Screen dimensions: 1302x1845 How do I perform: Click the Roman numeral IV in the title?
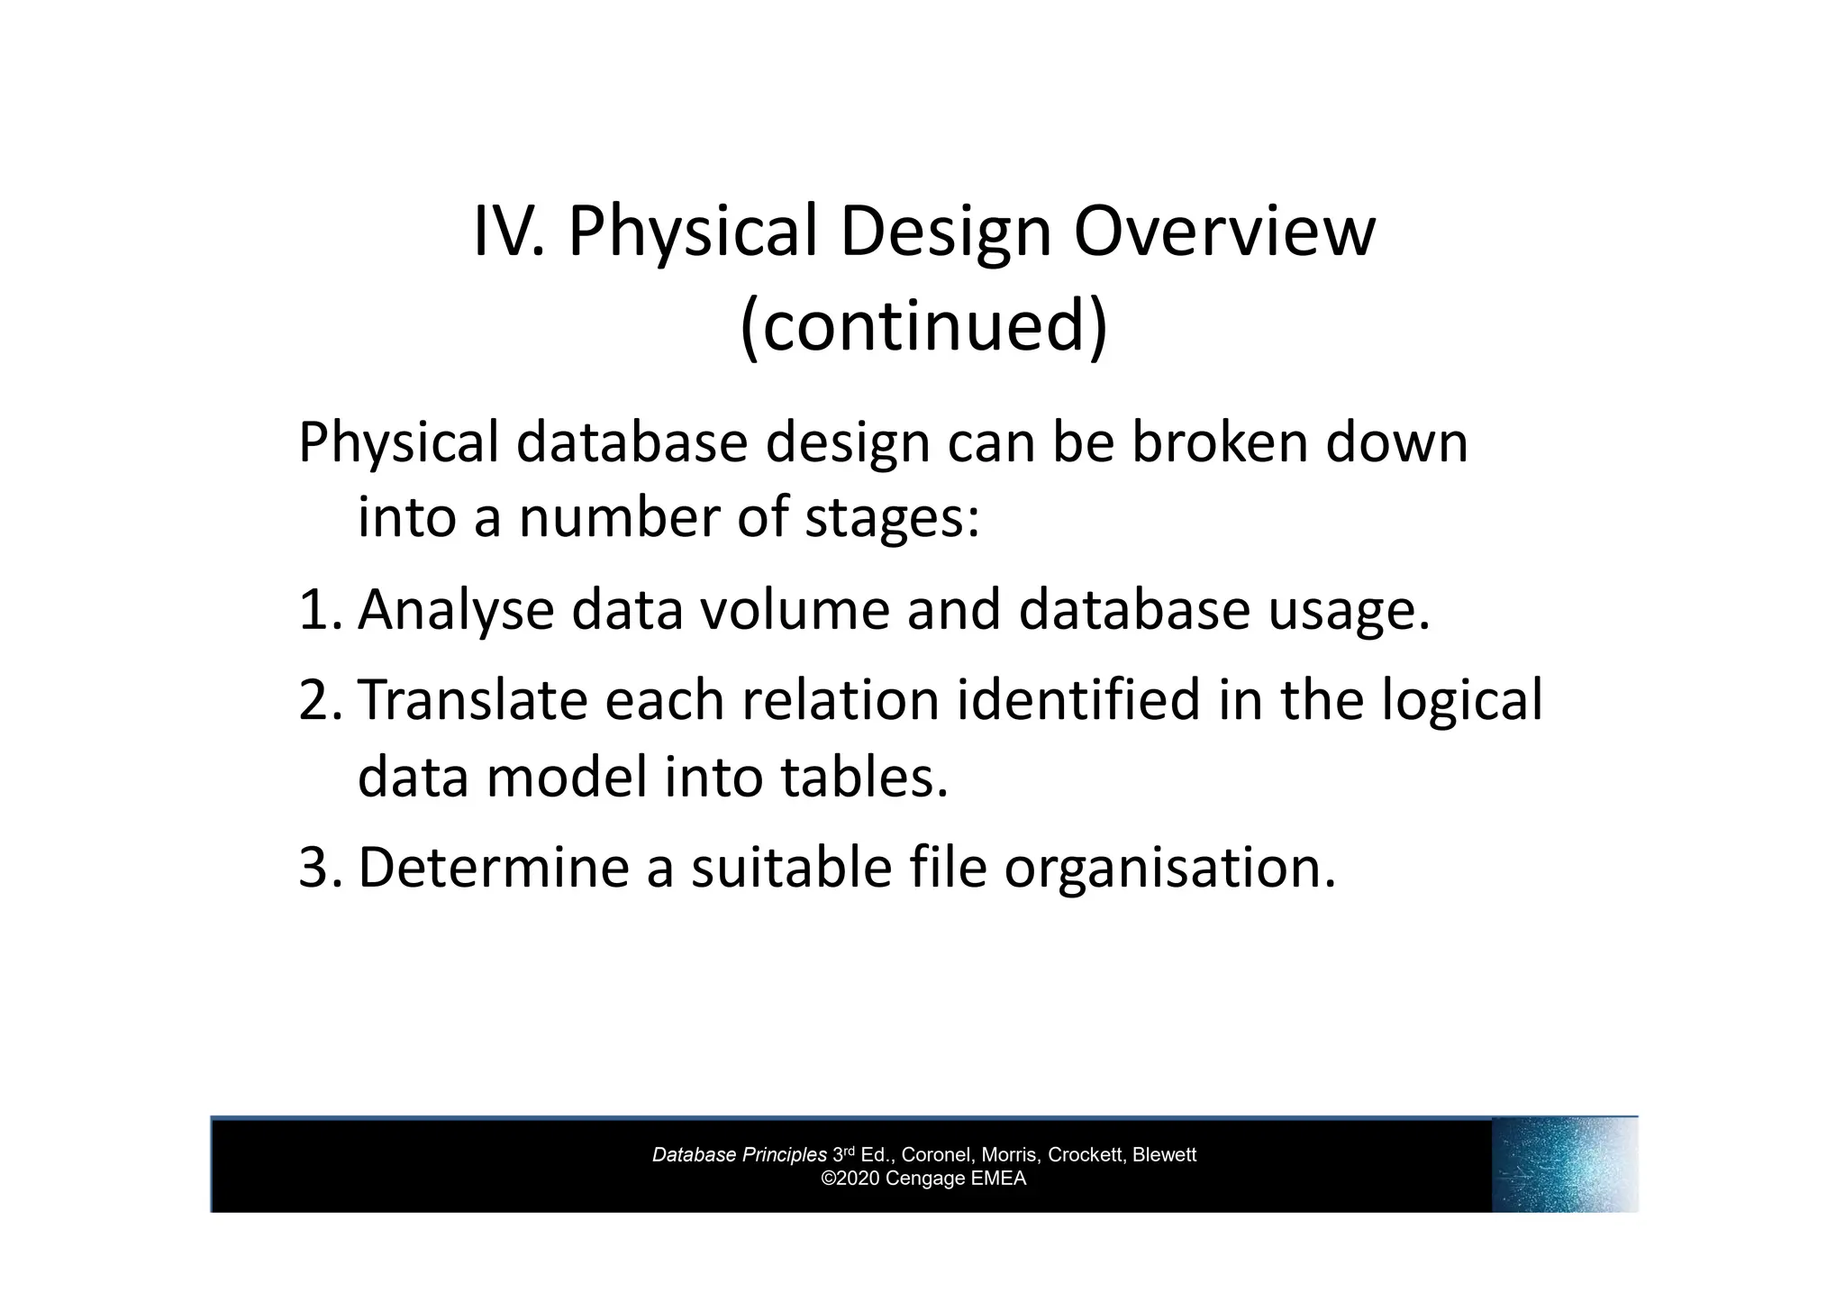[x=508, y=232]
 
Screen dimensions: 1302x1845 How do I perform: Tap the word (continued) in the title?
[x=922, y=325]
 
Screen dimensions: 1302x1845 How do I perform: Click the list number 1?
[x=317, y=610]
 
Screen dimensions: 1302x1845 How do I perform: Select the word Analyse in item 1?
[x=455, y=610]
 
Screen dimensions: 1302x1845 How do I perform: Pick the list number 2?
[x=317, y=700]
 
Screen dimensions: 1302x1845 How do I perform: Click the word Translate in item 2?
[x=472, y=700]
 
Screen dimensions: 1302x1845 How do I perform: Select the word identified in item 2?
[x=1077, y=700]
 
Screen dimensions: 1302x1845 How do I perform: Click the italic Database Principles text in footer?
[x=739, y=1155]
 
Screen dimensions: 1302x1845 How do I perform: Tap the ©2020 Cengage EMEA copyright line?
[x=922, y=1179]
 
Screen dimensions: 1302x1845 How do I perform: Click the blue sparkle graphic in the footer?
[x=1564, y=1164]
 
